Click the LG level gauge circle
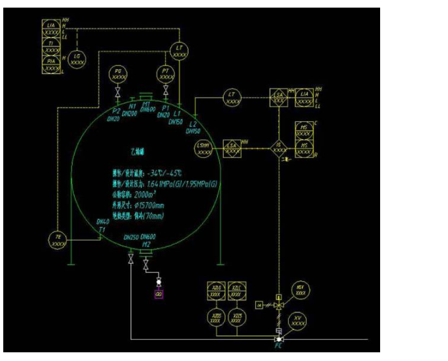coord(77,59)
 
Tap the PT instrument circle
coord(166,74)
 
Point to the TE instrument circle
coord(58,240)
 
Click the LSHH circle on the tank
coord(205,148)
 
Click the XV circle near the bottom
coord(297,320)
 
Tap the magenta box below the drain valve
coord(159,295)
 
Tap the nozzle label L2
coord(193,125)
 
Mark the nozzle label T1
coord(102,229)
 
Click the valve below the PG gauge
coord(118,90)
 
